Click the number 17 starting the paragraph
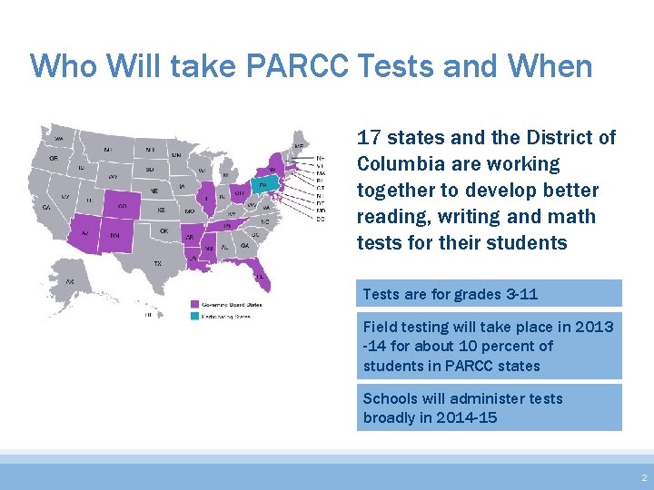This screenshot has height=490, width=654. click(x=368, y=138)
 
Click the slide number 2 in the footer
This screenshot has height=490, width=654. click(x=643, y=477)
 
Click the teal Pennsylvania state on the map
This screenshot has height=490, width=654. click(x=263, y=184)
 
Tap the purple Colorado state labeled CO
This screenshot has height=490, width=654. click(x=121, y=205)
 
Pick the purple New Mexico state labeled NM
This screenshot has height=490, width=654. click(x=116, y=235)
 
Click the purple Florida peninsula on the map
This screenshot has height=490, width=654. click(x=262, y=281)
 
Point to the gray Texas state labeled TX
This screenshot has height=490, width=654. click(x=157, y=262)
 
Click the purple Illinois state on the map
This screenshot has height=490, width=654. click(x=208, y=199)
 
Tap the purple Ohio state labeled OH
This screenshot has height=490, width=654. click(x=238, y=193)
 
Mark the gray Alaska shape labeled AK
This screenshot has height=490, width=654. click(x=70, y=285)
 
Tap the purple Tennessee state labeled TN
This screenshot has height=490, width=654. click(x=227, y=225)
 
